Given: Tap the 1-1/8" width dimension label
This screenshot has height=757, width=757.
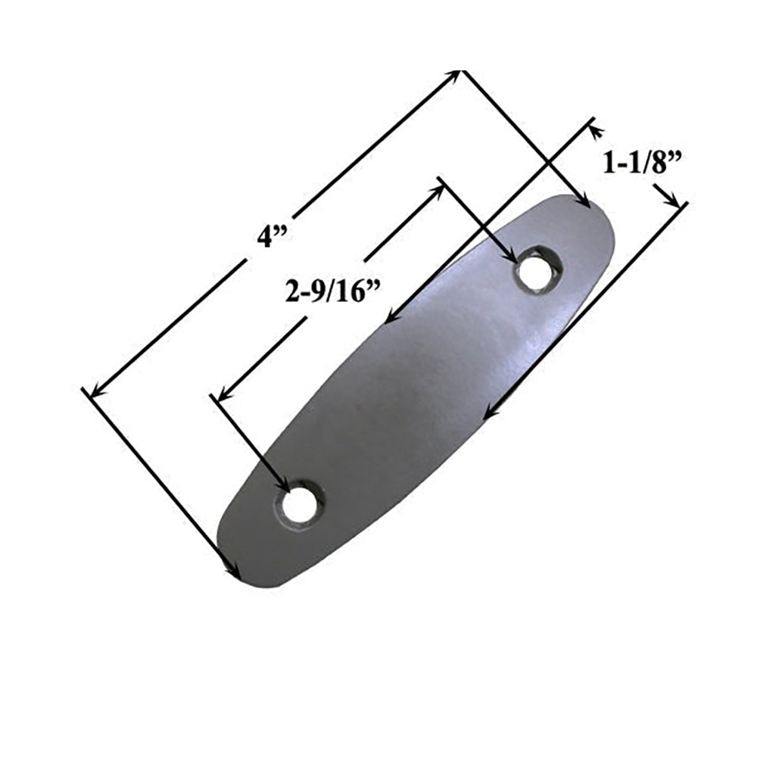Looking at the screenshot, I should [637, 164].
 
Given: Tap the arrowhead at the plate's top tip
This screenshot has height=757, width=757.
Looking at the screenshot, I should [583, 201].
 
